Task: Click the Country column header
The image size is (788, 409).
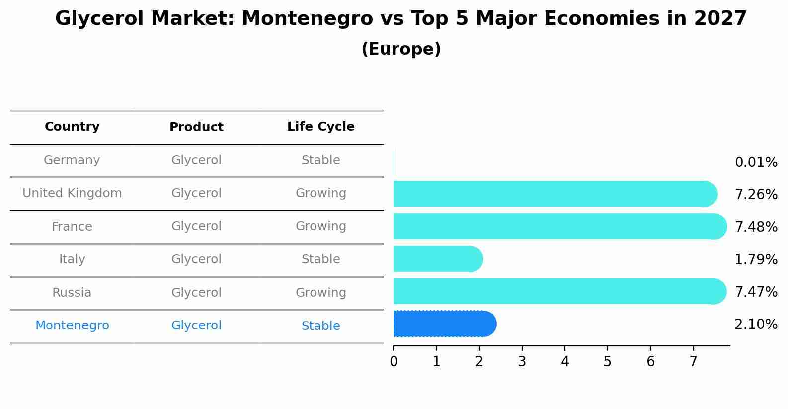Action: pyautogui.click(x=72, y=127)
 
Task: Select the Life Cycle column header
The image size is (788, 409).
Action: pyautogui.click(x=320, y=127)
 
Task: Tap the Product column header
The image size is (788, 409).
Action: pyautogui.click(x=196, y=127)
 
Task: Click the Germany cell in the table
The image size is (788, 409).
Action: pyautogui.click(x=72, y=160)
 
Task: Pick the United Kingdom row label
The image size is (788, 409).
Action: pyautogui.click(x=72, y=193)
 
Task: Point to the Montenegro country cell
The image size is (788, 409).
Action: pyautogui.click(x=72, y=326)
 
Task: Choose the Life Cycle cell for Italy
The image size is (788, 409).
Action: pyautogui.click(x=320, y=259)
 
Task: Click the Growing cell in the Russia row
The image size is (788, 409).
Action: pyautogui.click(x=320, y=293)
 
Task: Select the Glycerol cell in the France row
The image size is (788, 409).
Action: pyautogui.click(x=196, y=226)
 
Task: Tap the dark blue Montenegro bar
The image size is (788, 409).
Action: pyautogui.click(x=442, y=324)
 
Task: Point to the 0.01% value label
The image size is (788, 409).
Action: pyautogui.click(x=756, y=163)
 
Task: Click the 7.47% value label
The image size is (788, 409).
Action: pyautogui.click(x=756, y=292)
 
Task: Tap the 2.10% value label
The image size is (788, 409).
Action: pyautogui.click(x=756, y=325)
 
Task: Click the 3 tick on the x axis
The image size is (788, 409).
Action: pyautogui.click(x=522, y=361)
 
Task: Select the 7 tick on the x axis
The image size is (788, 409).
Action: pyautogui.click(x=693, y=361)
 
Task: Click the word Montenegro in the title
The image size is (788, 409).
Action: pyautogui.click(x=307, y=19)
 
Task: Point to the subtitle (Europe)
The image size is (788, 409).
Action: pyautogui.click(x=401, y=49)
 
